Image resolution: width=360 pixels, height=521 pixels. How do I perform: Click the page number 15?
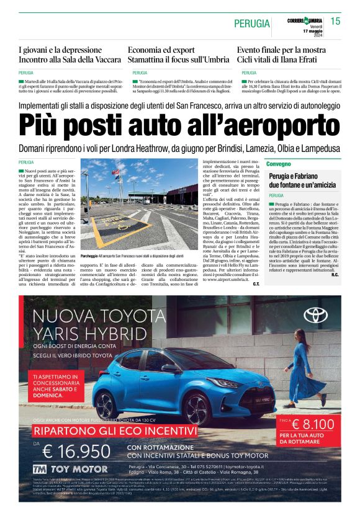[335, 22]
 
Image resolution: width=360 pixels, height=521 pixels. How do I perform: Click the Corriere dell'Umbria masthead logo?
[305, 21]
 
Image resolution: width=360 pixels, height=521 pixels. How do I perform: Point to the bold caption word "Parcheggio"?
[89, 256]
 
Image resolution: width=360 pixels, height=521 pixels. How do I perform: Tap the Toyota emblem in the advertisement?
[315, 315]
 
